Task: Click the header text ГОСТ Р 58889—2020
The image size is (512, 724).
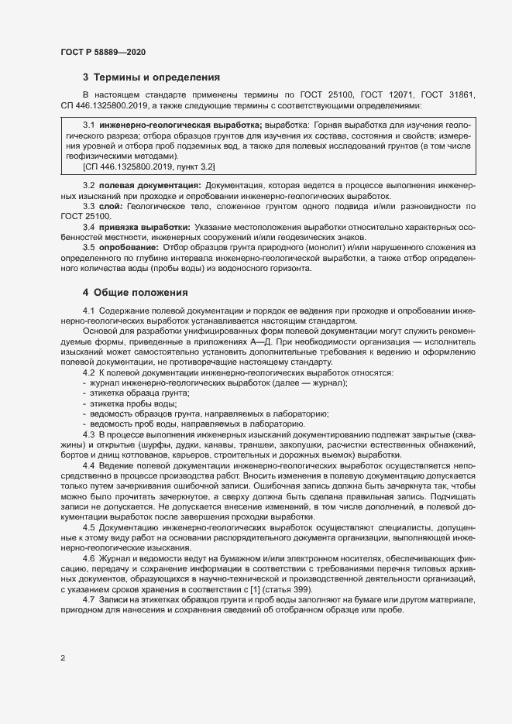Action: (x=103, y=51)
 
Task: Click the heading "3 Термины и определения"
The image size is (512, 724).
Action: (x=152, y=77)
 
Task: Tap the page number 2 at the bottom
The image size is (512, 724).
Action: (x=63, y=658)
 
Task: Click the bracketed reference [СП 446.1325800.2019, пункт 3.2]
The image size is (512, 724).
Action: (x=149, y=166)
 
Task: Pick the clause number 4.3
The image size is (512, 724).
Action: (x=89, y=434)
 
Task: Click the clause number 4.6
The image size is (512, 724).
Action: (x=89, y=558)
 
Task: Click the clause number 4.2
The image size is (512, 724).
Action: (x=89, y=373)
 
